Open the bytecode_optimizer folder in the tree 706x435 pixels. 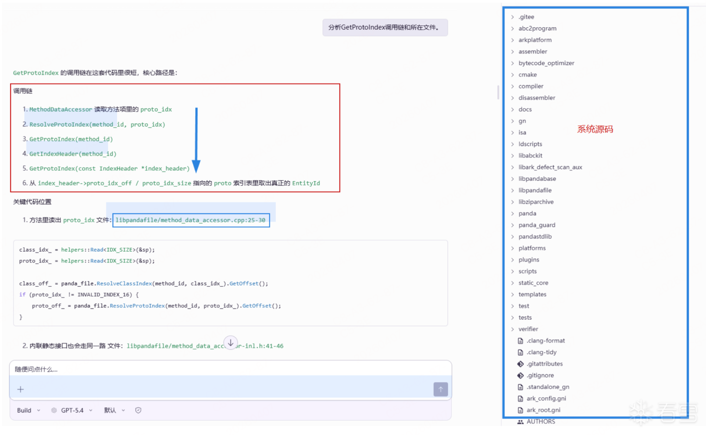(x=546, y=63)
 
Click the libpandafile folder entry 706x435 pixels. (x=535, y=190)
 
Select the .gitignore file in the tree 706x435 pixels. (x=540, y=375)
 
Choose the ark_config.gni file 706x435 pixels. (x=546, y=398)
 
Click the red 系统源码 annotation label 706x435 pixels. (x=595, y=129)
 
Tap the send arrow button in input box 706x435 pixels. (x=440, y=389)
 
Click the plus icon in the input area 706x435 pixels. (x=21, y=389)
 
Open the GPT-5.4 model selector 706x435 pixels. (x=72, y=410)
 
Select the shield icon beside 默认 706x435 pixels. (x=138, y=410)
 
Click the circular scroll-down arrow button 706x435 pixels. (x=231, y=343)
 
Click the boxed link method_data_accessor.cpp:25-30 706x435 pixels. (x=190, y=220)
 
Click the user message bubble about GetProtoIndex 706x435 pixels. (x=385, y=28)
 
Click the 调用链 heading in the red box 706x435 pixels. (x=23, y=91)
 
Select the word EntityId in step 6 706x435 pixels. (x=306, y=183)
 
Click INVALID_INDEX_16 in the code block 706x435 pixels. (x=104, y=295)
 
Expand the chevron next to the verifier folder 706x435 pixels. (x=512, y=329)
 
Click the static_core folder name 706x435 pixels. (x=533, y=283)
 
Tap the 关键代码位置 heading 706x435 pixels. (x=32, y=202)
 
